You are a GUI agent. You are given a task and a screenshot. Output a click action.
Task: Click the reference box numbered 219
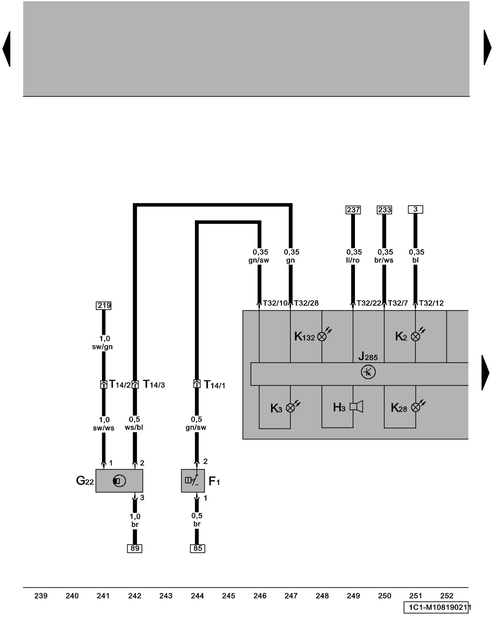click(104, 305)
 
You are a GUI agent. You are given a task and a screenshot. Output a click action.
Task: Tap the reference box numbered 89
click(135, 548)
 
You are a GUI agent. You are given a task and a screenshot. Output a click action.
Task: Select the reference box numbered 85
click(198, 548)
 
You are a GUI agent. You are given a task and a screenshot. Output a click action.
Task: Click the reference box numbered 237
click(353, 210)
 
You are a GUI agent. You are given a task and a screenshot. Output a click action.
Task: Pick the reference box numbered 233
click(384, 210)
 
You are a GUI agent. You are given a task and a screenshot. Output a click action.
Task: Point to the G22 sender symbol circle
click(119, 481)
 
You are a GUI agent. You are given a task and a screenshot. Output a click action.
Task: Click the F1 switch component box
click(193, 481)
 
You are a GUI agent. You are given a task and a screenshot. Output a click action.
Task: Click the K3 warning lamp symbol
click(291, 408)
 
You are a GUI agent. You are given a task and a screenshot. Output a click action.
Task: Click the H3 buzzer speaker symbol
click(356, 407)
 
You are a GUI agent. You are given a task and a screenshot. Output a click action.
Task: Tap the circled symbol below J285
click(368, 372)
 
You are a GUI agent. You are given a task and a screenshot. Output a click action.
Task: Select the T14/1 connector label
click(215, 385)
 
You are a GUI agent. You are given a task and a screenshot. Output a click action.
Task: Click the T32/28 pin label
click(306, 303)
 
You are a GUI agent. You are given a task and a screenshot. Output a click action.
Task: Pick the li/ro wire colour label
click(353, 260)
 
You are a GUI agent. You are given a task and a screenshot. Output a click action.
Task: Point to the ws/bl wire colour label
click(134, 428)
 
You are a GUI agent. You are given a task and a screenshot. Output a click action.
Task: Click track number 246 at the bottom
click(260, 596)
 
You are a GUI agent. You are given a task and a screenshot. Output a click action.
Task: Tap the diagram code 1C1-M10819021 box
click(436, 607)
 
